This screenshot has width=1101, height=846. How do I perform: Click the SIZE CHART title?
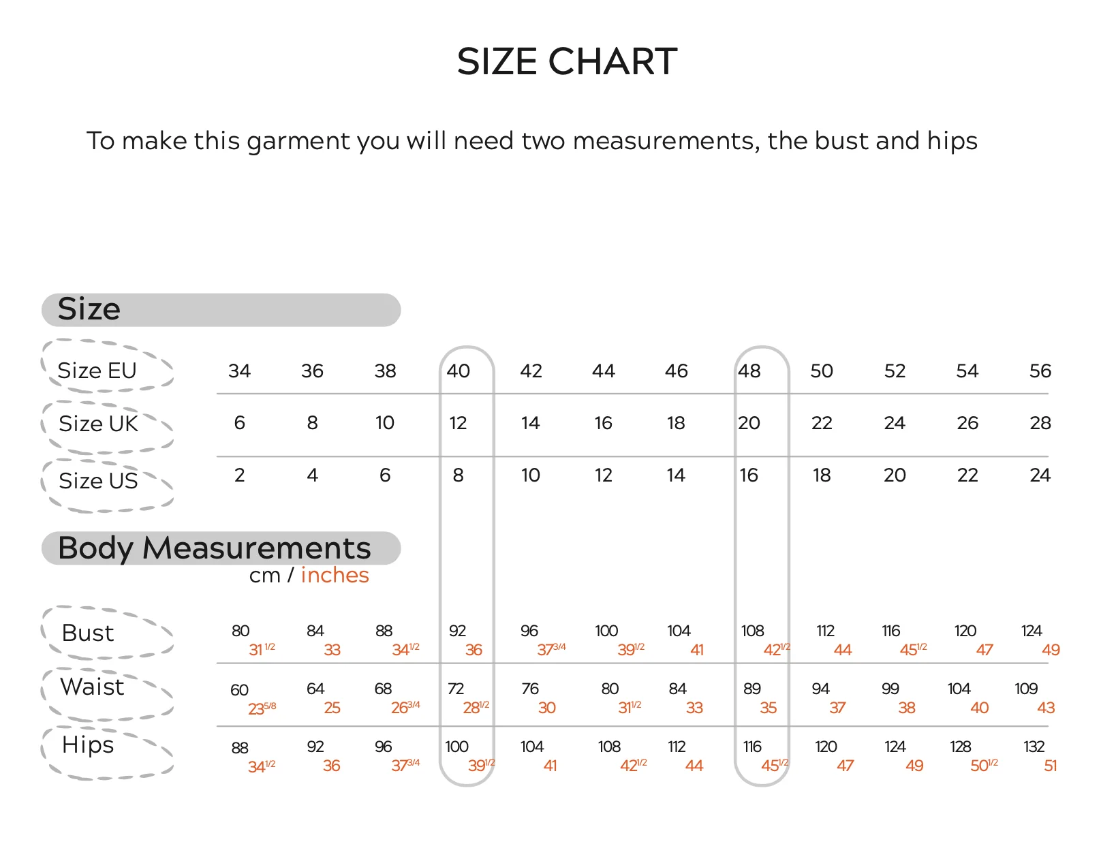pos(566,61)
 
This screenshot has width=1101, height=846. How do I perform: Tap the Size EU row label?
pos(97,371)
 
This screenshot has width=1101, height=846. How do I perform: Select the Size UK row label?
pos(98,424)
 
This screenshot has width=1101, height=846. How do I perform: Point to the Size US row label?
pos(98,480)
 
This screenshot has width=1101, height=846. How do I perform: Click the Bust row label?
pos(88,633)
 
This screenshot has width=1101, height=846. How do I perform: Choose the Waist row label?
pos(92,687)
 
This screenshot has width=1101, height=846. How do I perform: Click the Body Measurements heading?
pos(215,548)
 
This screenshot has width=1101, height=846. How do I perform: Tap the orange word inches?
pos(335,576)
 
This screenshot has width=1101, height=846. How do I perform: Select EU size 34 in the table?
pos(239,371)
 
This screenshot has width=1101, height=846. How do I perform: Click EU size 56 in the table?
pos(1040,371)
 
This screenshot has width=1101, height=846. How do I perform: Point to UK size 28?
pos(1040,423)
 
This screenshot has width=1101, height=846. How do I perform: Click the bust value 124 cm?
pos(1031,631)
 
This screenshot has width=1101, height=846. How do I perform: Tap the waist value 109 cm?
pos(1026,689)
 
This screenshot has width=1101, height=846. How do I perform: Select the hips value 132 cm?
pos(1034,746)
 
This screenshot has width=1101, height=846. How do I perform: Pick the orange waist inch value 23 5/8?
pos(262,708)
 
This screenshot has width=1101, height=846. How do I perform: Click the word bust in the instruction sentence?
pos(843,140)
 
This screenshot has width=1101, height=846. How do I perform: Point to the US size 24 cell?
pos(1040,475)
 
